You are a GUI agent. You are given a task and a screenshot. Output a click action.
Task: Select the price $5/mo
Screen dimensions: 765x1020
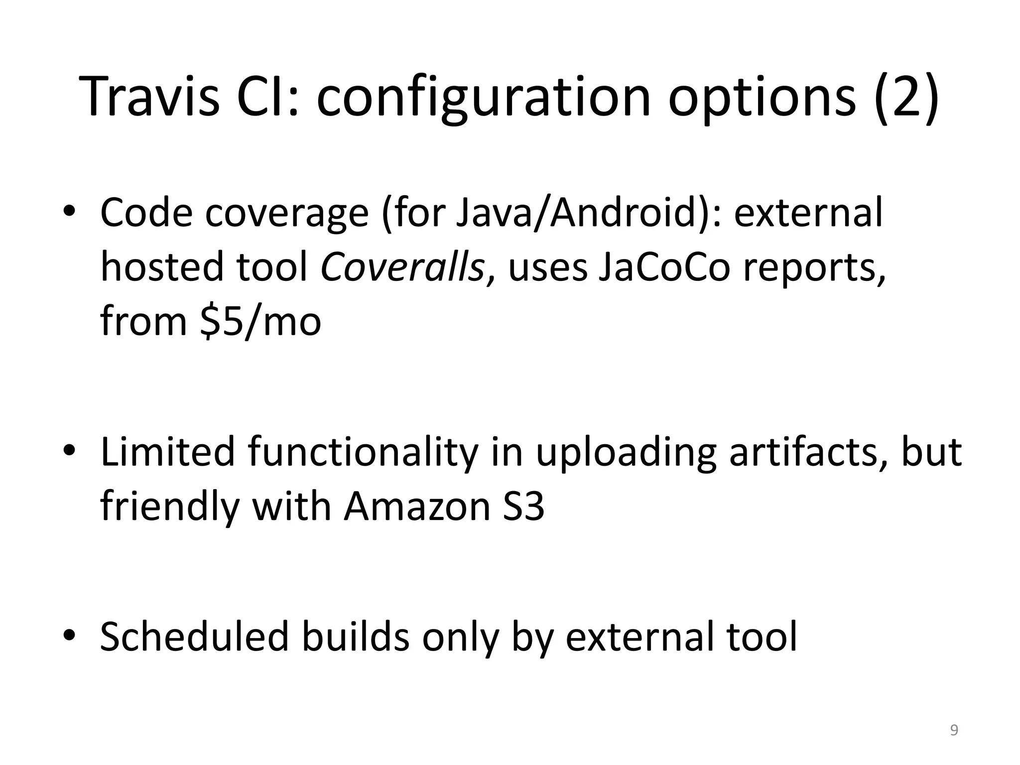(260, 321)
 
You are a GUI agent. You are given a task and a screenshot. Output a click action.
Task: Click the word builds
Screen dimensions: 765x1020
(355, 636)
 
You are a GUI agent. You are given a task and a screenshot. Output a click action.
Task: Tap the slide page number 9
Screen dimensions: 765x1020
(954, 730)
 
